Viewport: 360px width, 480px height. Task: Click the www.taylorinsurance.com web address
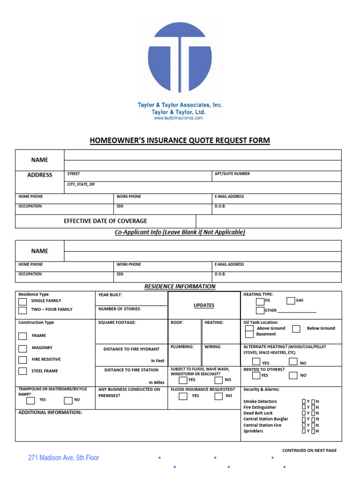179,119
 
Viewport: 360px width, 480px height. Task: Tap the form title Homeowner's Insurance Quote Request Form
180,141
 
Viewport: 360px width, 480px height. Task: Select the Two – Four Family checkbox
22,310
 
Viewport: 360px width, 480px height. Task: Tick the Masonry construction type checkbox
22,348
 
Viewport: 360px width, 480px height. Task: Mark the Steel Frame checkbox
22,371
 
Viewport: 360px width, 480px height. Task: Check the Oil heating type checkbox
260,301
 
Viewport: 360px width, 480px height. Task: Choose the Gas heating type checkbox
291,301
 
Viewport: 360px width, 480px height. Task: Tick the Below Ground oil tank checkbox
296,329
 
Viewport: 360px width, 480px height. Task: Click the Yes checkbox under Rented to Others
256,375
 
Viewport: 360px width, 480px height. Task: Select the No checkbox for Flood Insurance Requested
218,396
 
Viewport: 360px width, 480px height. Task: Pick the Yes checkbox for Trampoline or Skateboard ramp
30,400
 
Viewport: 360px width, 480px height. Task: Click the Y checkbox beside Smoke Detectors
304,402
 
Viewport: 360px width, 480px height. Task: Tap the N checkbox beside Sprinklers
313,431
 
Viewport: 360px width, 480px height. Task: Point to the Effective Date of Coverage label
105,221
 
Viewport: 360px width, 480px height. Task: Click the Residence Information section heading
180,286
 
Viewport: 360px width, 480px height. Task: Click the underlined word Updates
204,305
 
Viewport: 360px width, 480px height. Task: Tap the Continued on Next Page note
309,450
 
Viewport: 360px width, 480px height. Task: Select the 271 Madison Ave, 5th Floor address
64,457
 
